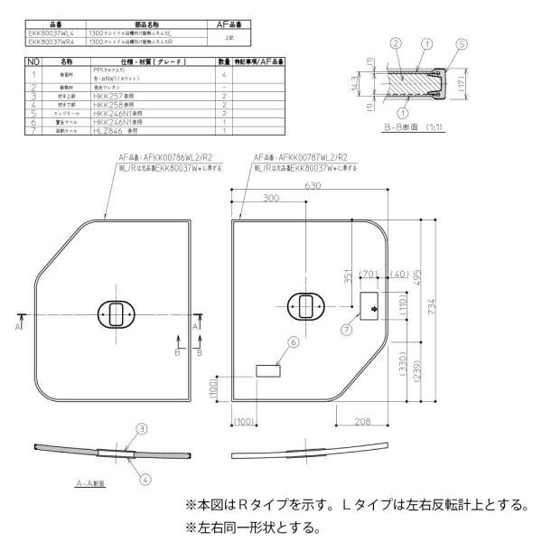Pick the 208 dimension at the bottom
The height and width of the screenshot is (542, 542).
[x=364, y=420]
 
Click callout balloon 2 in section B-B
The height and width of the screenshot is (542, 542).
[x=394, y=43]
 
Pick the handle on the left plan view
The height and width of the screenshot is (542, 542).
[x=117, y=314]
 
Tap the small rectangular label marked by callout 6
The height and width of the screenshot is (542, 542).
[x=268, y=370]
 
